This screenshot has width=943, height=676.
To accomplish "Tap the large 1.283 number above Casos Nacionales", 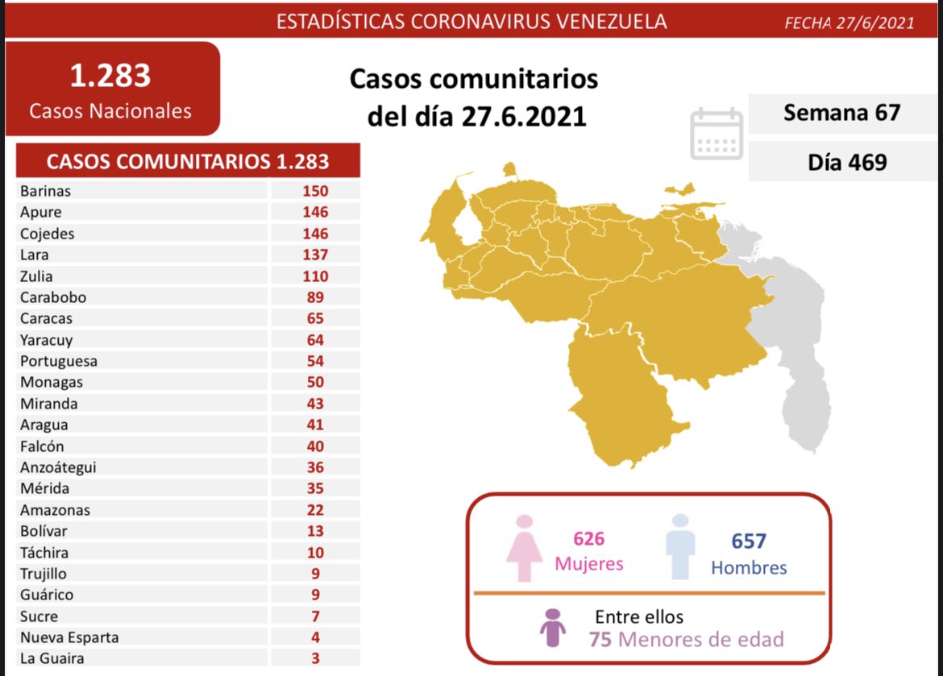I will click(x=110, y=76).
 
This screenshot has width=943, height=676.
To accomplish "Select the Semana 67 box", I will click(x=841, y=113).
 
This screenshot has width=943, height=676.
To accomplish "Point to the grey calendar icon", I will click(x=717, y=134).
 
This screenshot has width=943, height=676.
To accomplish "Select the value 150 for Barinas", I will click(x=315, y=191).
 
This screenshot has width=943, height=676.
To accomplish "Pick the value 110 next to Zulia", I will click(x=315, y=276).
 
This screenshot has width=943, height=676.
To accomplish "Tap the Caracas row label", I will click(x=48, y=318).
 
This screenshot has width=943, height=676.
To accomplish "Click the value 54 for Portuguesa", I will click(x=315, y=361).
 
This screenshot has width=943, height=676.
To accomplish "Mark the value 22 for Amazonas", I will click(x=315, y=510).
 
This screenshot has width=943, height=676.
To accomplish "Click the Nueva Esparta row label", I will click(x=69, y=637).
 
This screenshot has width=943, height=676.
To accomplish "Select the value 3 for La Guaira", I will click(x=315, y=659).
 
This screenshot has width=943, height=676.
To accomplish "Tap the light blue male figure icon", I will click(x=681, y=547).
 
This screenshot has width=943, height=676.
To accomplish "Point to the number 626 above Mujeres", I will click(x=588, y=538).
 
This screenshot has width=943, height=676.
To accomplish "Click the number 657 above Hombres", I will click(x=749, y=541).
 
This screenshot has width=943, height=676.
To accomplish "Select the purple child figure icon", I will click(x=553, y=627).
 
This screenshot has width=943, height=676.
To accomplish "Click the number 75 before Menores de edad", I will click(x=600, y=640).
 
